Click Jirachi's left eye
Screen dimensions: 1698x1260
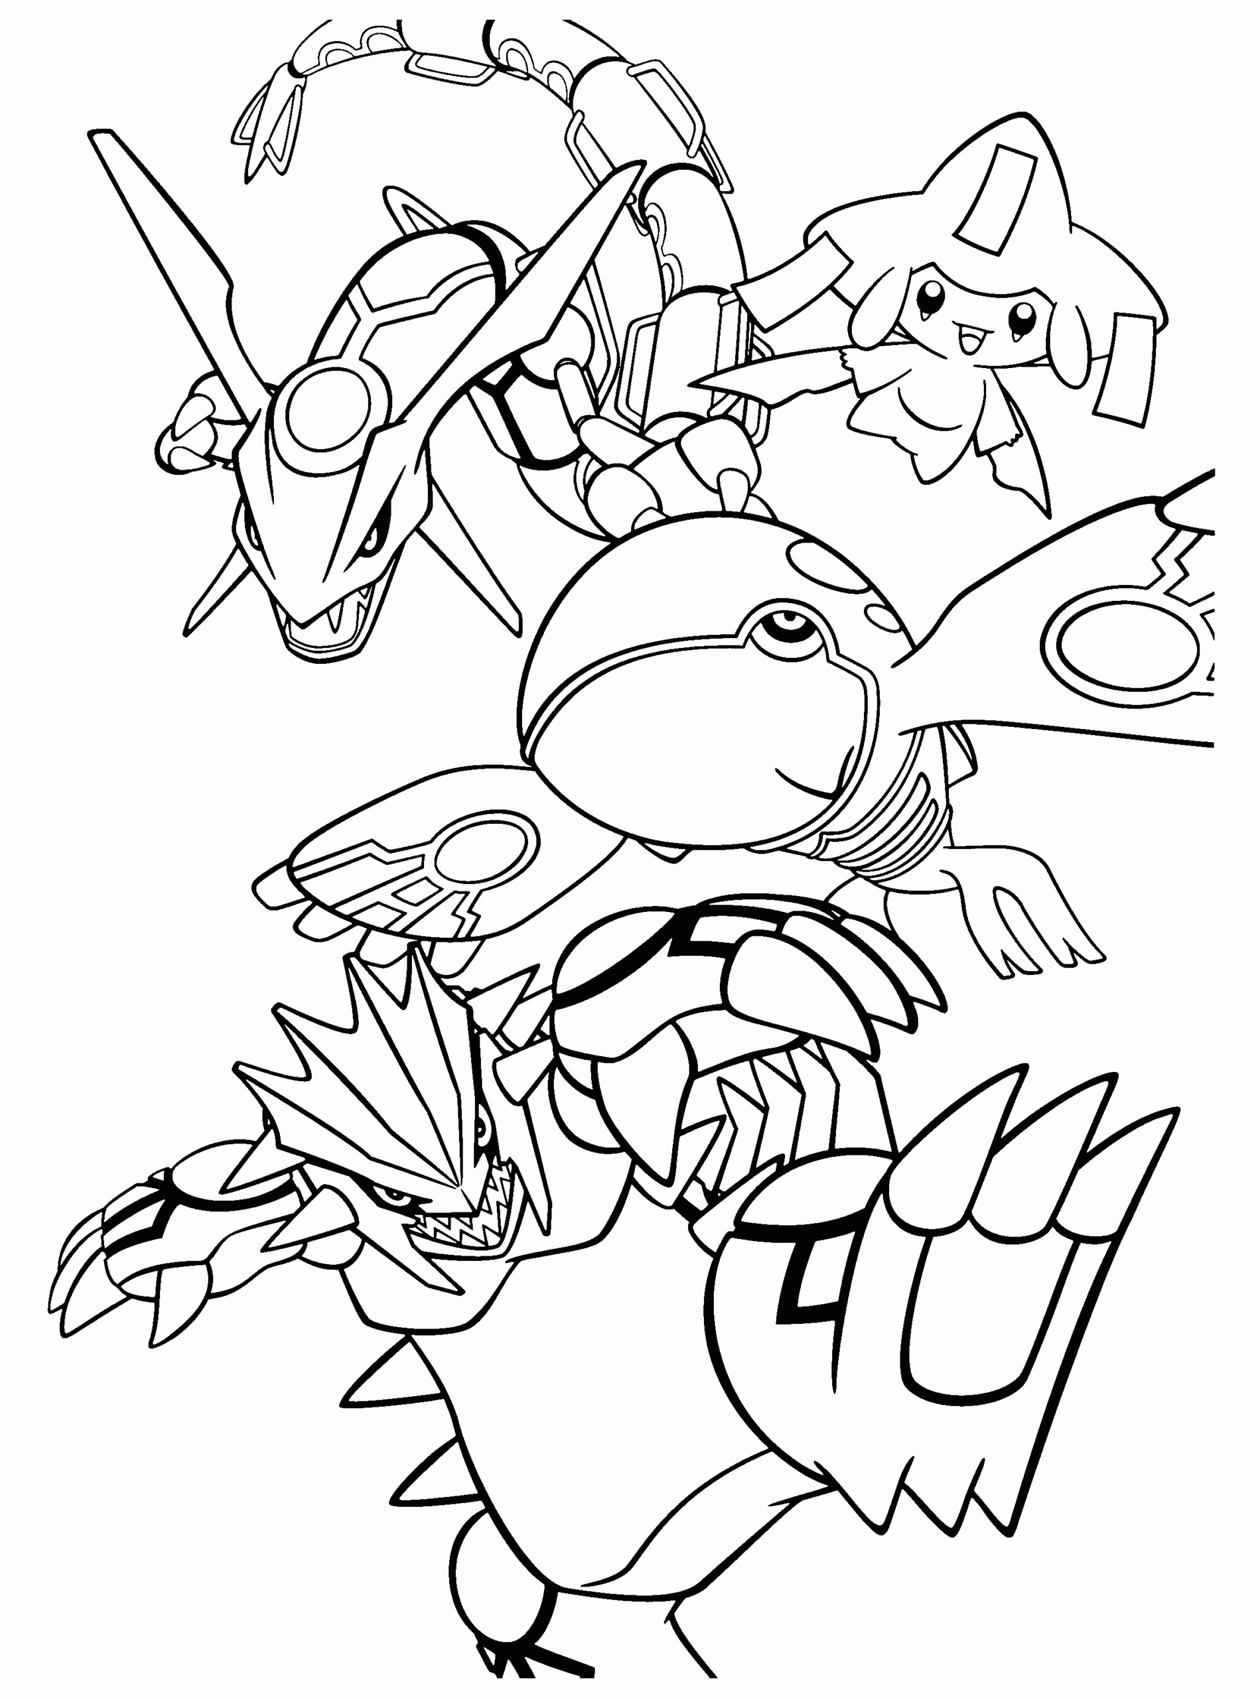pyautogui.click(x=932, y=294)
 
